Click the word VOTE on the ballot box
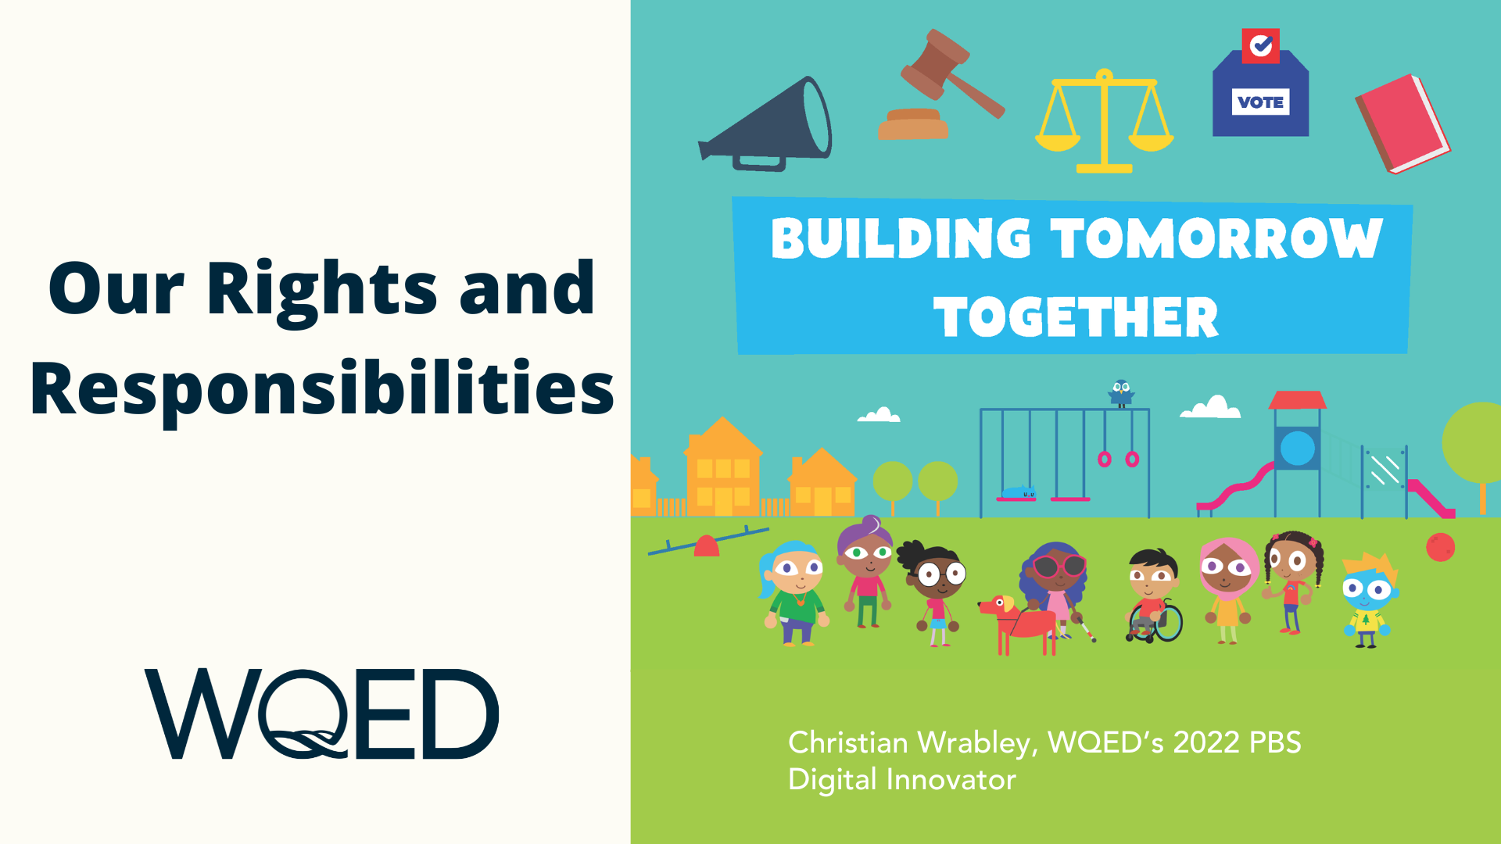point(1260,102)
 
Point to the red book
point(1403,123)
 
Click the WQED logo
point(321,713)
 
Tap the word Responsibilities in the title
point(322,389)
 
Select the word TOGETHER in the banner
point(1076,317)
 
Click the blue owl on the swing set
point(1121,393)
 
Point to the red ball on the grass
point(1440,547)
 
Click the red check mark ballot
point(1260,46)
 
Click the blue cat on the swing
point(1019,492)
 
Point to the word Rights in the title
point(321,289)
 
